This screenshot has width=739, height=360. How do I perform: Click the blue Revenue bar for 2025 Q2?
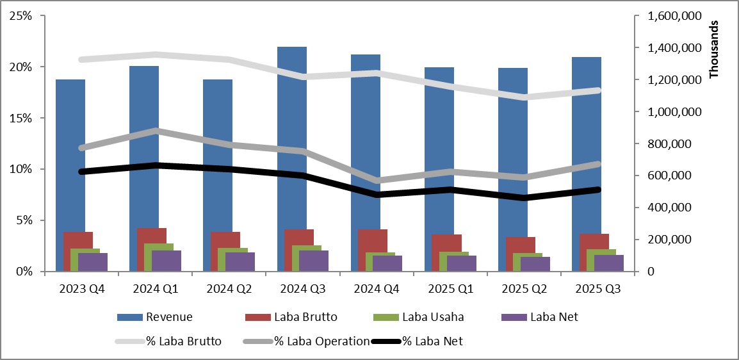coord(512,141)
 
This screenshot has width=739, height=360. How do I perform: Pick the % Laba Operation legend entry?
coord(321,341)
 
